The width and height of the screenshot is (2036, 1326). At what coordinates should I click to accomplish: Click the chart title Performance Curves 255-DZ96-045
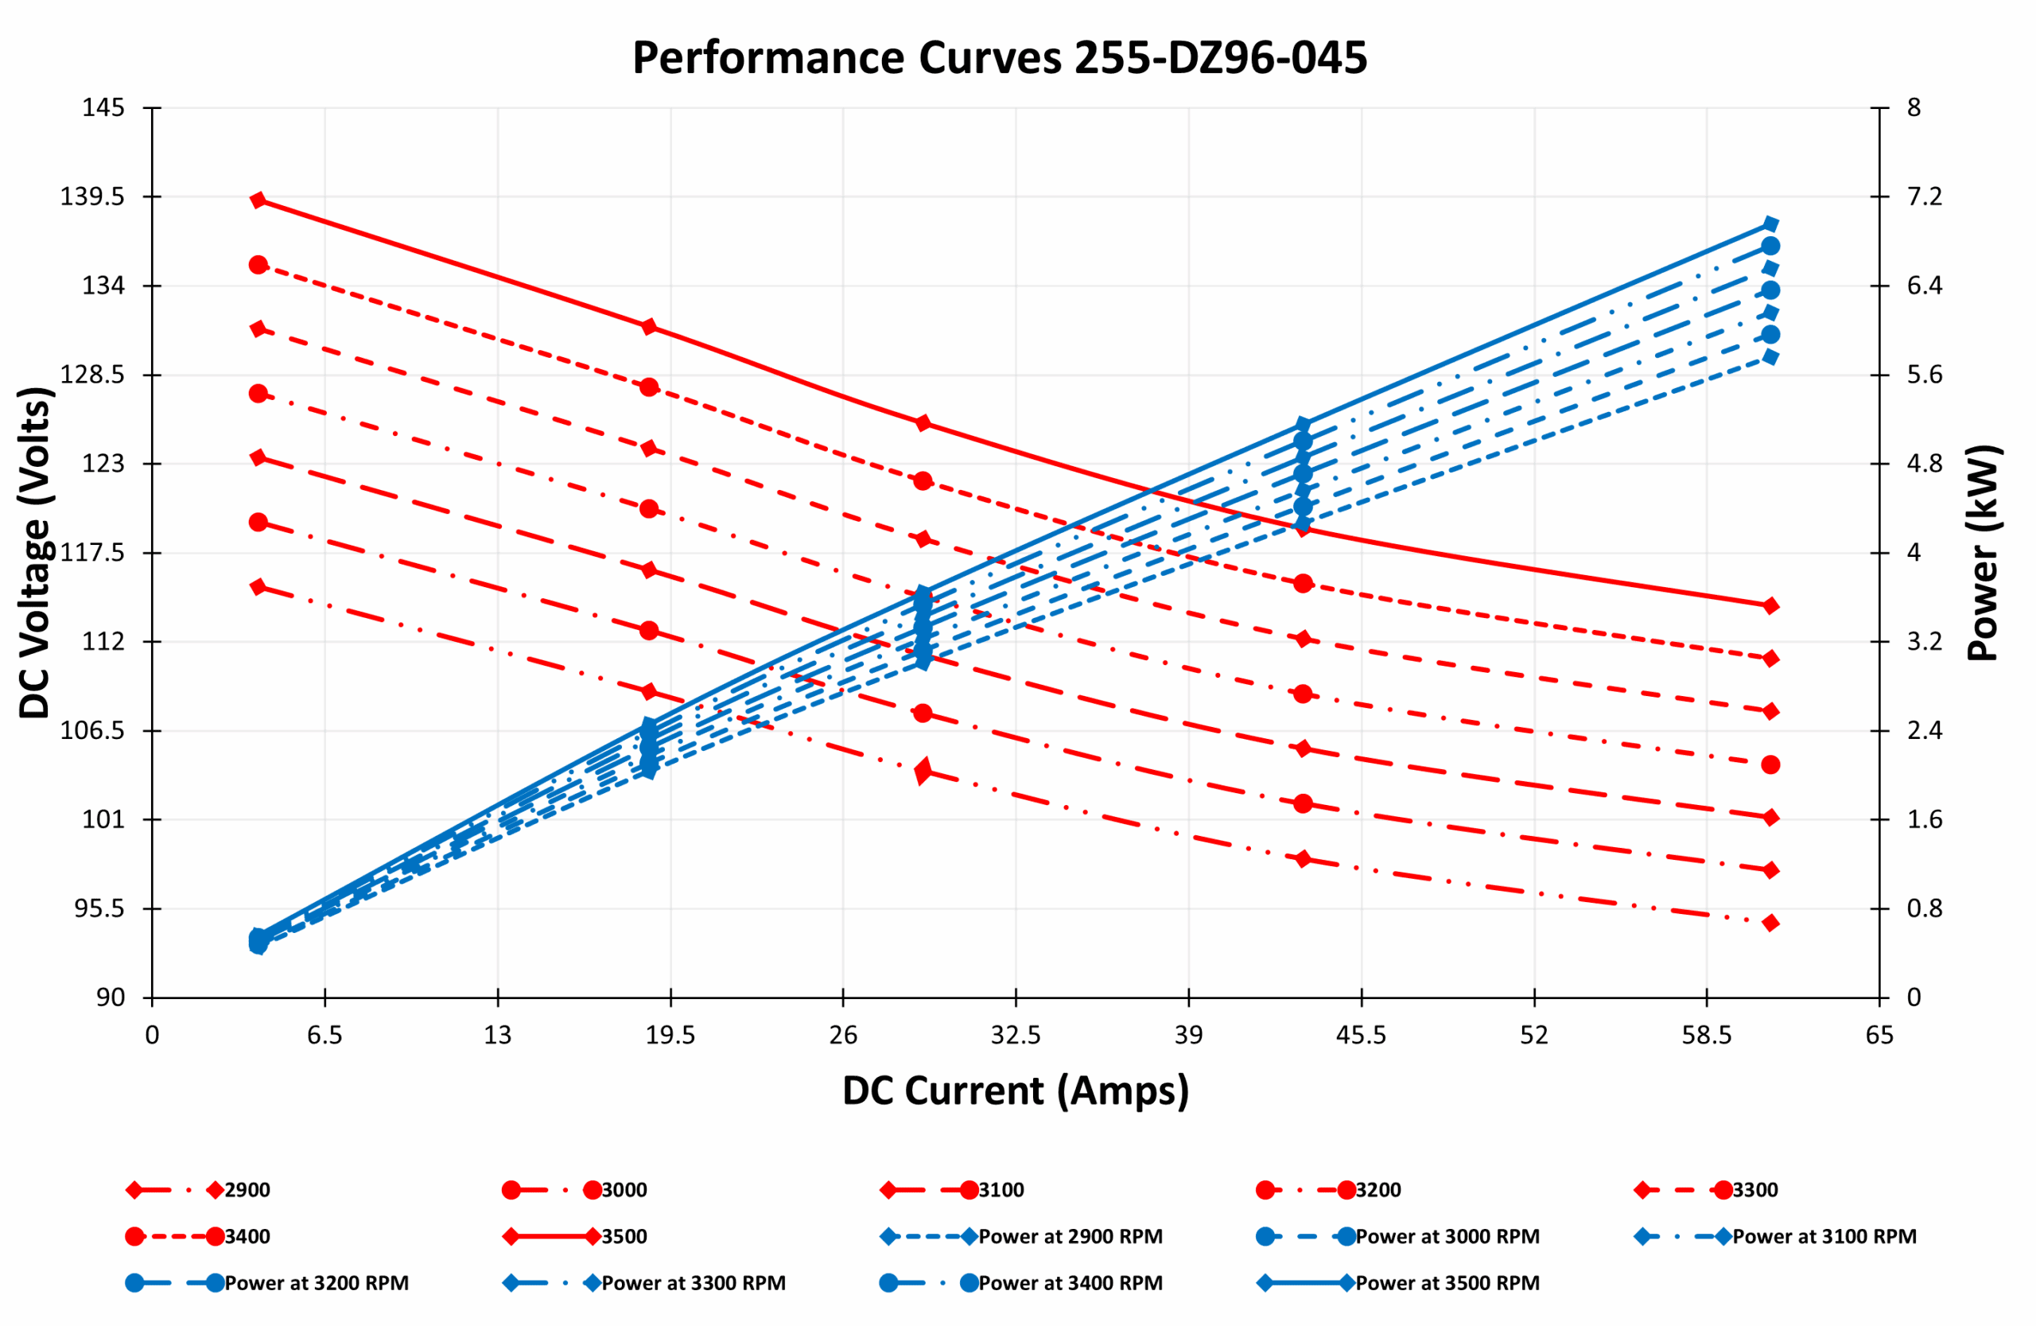coord(999,58)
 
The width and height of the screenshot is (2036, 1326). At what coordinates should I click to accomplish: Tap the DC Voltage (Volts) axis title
coord(36,553)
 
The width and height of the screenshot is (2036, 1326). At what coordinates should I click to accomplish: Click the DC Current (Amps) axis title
coord(1016,1091)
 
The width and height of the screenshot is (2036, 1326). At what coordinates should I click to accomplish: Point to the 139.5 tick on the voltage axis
coord(91,196)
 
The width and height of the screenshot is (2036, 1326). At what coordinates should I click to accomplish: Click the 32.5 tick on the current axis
coord(1016,1036)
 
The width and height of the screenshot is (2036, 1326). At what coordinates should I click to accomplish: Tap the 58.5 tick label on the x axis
coord(1706,1036)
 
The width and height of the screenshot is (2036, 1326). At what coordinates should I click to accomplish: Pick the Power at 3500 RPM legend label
coord(1447,1283)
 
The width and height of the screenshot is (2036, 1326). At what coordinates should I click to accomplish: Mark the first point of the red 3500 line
coord(258,200)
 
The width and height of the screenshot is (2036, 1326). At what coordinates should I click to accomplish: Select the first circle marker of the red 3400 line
coord(258,265)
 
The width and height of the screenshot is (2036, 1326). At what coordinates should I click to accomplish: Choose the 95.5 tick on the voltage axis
coord(99,908)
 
